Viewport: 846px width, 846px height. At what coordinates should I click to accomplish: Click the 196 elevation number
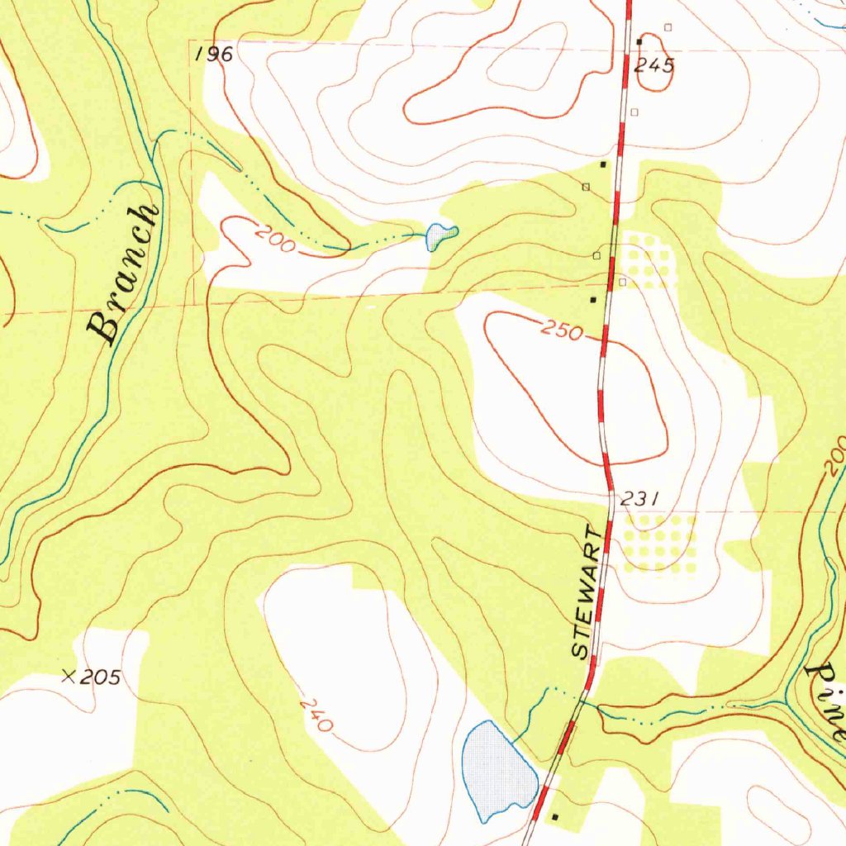(215, 55)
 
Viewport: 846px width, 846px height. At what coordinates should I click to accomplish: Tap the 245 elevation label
(654, 66)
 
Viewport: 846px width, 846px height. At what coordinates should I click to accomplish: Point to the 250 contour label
(563, 330)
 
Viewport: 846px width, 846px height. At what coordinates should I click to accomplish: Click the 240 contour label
(316, 715)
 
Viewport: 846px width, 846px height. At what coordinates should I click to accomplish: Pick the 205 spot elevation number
(102, 678)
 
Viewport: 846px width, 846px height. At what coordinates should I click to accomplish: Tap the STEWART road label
(587, 591)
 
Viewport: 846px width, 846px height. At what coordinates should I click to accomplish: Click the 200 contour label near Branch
(274, 240)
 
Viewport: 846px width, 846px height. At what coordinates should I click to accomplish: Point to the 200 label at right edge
(835, 454)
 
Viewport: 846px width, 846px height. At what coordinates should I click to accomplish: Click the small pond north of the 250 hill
(439, 235)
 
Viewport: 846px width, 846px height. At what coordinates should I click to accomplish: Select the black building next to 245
(639, 41)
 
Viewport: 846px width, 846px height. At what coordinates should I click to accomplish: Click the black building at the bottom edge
(554, 816)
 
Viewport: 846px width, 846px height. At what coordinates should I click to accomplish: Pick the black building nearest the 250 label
(592, 299)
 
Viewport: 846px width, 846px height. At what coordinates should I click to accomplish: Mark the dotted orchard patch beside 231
(659, 542)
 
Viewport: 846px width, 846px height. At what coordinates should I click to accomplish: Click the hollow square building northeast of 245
(668, 27)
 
